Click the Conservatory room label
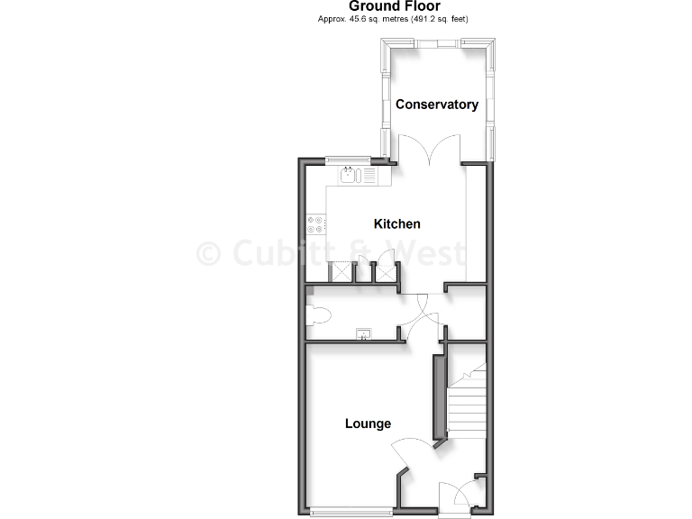coord(437,105)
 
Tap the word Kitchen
coord(397,223)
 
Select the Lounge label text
coord(368,423)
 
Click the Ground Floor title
coord(395,6)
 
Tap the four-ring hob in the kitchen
coord(316,224)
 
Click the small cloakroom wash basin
coord(364,335)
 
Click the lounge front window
coord(351,512)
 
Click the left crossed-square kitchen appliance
coord(342,271)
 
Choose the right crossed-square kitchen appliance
coord(387,271)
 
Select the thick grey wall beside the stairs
coord(440,396)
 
